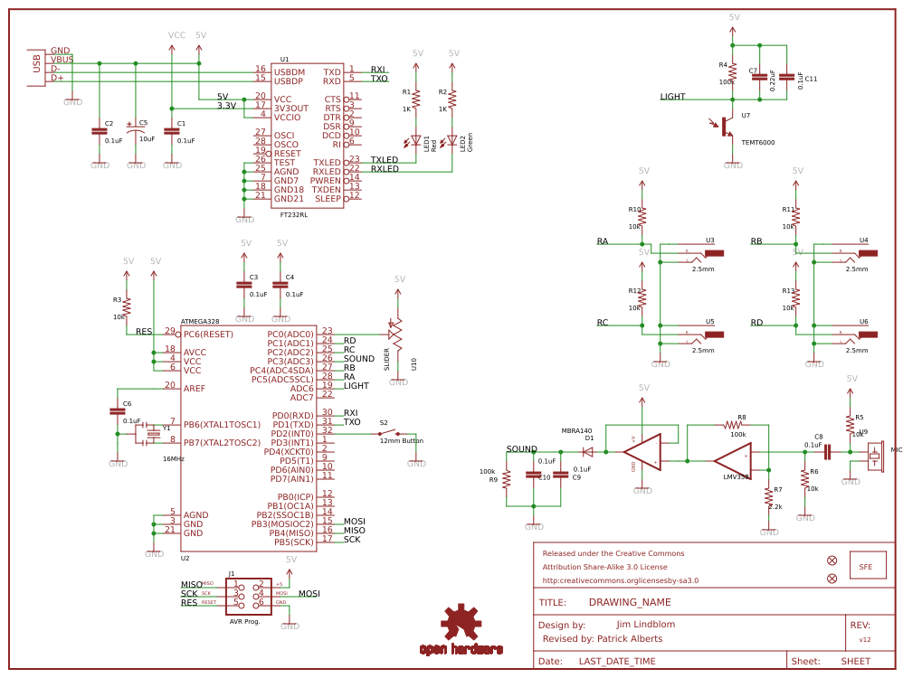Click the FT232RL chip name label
(294, 214)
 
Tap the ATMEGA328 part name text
(200, 321)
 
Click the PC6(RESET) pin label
(208, 334)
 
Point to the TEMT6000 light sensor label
(757, 142)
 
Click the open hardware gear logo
(461, 624)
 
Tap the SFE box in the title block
(866, 567)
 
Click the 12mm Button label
(401, 440)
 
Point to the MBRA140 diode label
(576, 430)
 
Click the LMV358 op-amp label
(736, 476)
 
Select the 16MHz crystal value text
(174, 459)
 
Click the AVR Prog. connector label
(244, 622)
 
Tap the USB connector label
(36, 64)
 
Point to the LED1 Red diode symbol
(416, 141)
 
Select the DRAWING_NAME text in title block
(630, 602)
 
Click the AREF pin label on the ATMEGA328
(195, 388)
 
